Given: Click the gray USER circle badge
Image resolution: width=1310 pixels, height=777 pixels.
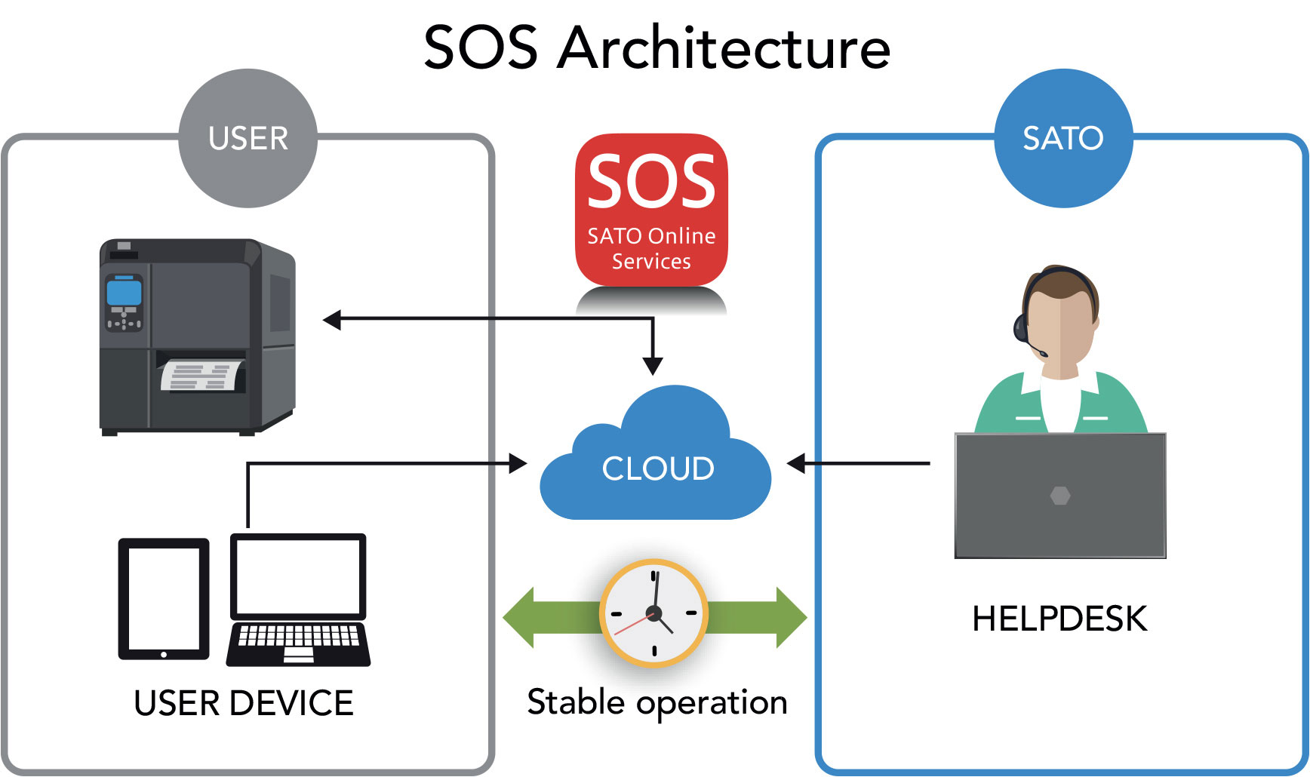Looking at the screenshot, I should [248, 138].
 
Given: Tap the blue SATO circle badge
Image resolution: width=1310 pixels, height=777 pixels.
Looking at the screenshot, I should [1062, 138].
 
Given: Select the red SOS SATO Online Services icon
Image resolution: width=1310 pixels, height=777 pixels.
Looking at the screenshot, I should [651, 210].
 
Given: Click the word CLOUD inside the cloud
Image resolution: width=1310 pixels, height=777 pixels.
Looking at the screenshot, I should [657, 468].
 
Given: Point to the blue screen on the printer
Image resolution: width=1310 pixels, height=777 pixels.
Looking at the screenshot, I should [124, 291].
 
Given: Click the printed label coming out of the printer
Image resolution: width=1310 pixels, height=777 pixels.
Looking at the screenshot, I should [202, 376].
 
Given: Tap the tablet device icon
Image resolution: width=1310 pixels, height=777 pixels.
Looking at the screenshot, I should [164, 598].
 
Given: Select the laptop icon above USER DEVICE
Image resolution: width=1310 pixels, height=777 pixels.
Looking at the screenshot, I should [298, 600].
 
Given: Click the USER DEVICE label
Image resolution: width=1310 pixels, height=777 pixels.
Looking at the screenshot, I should [243, 703].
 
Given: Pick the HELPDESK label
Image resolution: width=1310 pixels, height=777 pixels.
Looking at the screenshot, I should [1059, 619].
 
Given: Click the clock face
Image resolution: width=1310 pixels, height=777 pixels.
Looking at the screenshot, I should [653, 613].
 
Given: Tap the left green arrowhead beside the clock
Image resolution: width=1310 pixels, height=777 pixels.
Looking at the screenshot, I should [518, 617].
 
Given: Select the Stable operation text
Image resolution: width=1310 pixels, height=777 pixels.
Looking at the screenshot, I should [657, 702].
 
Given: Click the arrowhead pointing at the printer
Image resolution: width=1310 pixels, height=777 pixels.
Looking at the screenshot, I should [333, 320].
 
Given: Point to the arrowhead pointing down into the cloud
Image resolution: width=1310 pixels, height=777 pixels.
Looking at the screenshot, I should [653, 366].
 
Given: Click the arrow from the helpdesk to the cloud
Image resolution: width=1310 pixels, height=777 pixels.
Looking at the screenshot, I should [860, 463].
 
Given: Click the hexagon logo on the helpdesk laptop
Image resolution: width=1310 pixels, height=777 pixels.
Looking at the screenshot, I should [1059, 496].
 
